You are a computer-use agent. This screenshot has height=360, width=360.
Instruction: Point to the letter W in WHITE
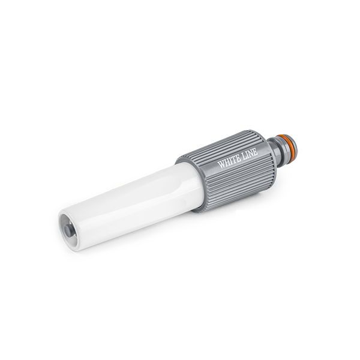click(221, 164)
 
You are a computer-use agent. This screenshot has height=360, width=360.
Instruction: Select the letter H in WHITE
click(227, 162)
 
